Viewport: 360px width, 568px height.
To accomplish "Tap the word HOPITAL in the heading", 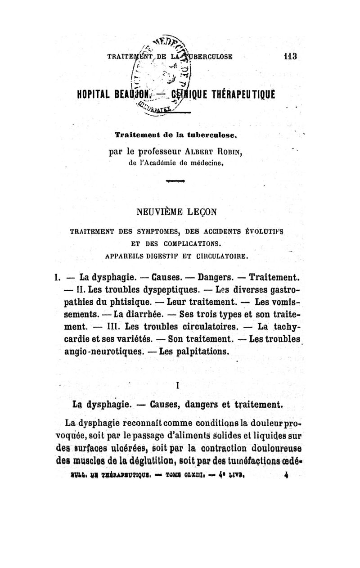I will (x=92, y=93).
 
